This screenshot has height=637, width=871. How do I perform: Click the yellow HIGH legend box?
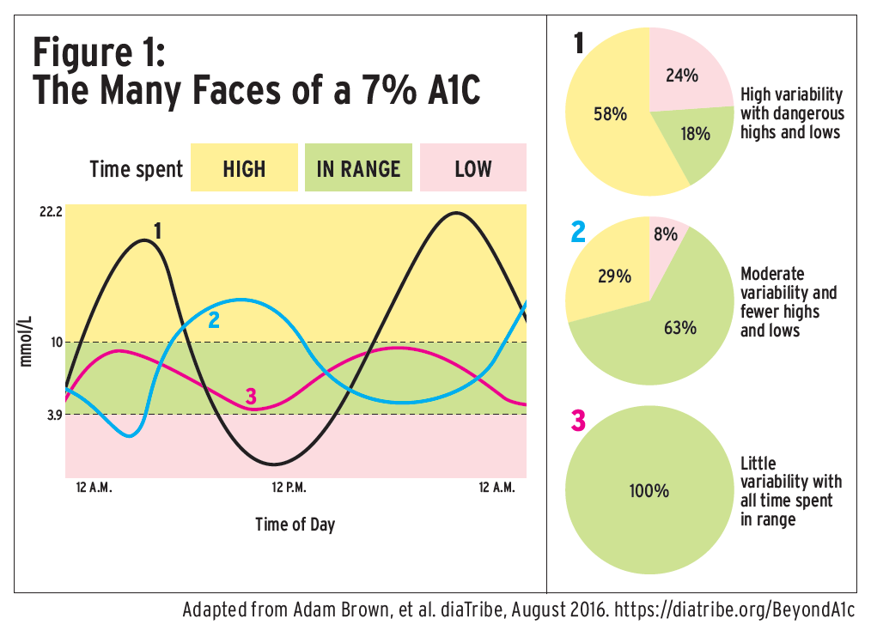point(244,167)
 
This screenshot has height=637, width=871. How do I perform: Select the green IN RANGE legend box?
point(358,167)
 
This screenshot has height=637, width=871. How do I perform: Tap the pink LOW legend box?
point(473,167)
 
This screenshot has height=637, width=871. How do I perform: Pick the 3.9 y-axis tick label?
point(52,416)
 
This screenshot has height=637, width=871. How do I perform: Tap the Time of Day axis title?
point(295,524)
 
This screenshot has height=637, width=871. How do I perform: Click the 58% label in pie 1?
point(609,112)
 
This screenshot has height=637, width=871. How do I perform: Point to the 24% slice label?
point(681,75)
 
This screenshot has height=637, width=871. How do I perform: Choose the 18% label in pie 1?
point(694,133)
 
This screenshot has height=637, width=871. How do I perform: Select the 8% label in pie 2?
point(665,234)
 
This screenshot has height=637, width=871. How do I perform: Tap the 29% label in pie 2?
point(614,276)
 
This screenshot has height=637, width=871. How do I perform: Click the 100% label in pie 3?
point(649,491)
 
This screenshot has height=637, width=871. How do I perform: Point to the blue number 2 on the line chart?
point(214,320)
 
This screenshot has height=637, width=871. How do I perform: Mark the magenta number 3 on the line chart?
point(251,396)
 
